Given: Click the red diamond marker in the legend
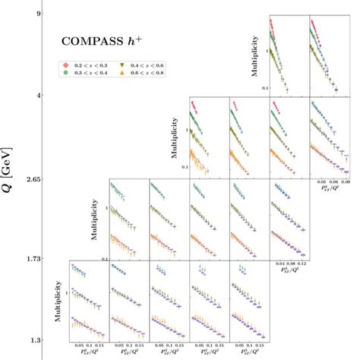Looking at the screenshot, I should pos(66,66).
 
